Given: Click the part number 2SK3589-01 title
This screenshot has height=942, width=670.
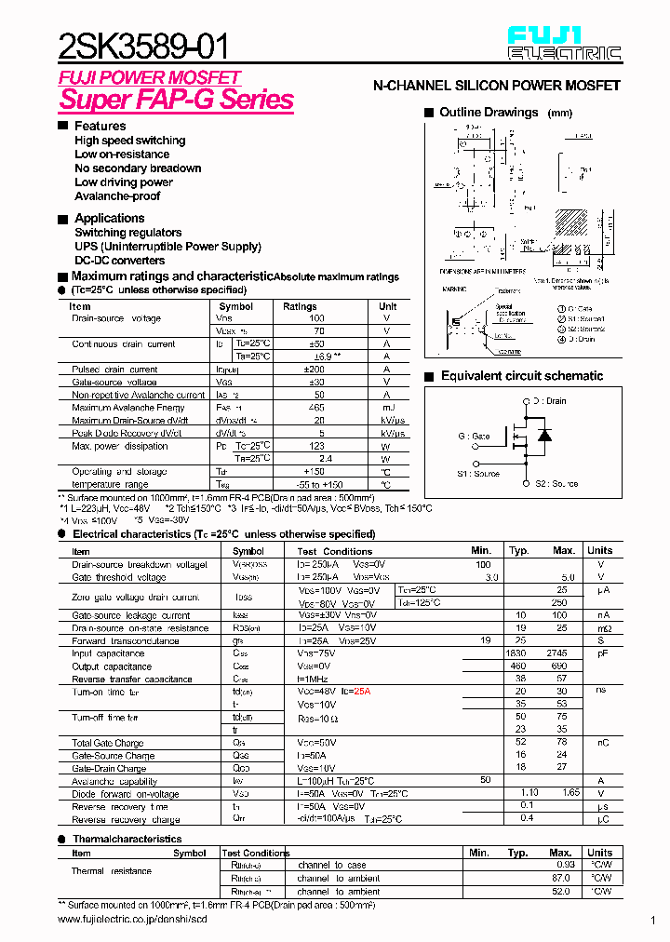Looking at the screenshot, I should point(143,44).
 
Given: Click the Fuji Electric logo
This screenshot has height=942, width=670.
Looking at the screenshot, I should point(564,44).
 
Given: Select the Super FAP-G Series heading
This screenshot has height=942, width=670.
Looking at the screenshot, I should point(177,100).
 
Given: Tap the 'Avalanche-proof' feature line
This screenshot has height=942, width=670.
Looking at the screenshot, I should point(117,196).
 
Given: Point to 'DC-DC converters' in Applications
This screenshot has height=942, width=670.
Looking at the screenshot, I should point(120,261).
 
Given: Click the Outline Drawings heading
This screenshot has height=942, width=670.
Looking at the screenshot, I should point(489,113).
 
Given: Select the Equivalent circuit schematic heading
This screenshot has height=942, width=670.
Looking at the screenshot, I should point(521,376).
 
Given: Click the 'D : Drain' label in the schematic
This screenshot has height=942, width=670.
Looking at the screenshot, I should point(550,401).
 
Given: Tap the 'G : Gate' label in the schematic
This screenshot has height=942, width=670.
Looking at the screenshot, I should point(473,437).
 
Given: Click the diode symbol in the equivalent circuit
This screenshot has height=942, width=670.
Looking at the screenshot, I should point(545,436).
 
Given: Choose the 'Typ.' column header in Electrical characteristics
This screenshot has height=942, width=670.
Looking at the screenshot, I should point(518,551).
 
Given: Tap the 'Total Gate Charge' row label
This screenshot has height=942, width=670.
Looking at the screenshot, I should point(108,743).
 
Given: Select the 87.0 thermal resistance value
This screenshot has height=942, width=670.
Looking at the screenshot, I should point(560,879).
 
